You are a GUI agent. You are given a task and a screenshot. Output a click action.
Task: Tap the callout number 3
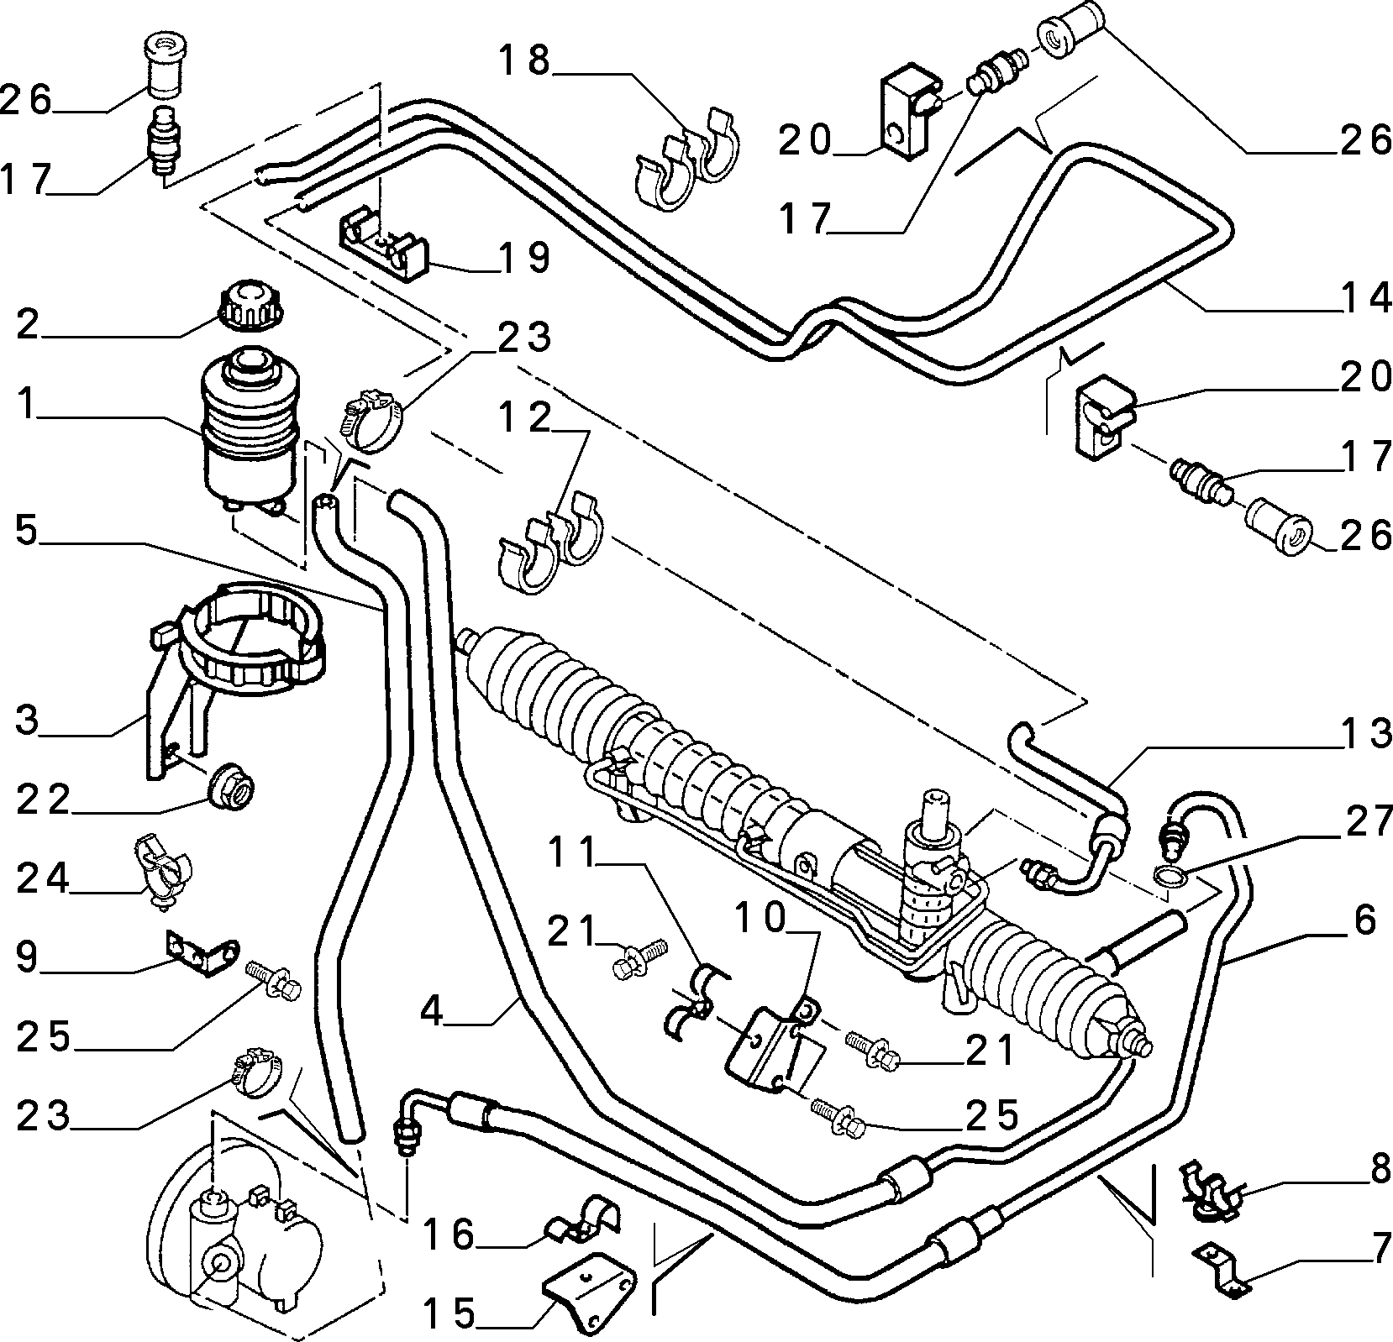click(27, 720)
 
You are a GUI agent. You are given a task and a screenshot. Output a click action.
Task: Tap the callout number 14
click(1362, 298)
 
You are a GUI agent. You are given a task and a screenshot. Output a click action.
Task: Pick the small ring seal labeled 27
click(1171, 878)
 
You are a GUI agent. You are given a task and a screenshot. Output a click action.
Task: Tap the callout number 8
click(1378, 1170)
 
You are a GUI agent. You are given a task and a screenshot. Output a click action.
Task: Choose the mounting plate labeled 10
click(773, 1046)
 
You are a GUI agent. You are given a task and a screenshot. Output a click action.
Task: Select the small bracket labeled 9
click(199, 953)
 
